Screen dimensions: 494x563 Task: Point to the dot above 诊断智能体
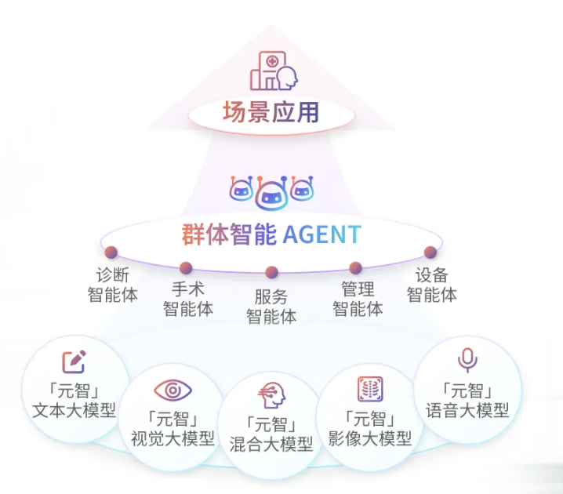[111, 252]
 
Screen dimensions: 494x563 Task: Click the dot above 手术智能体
[186, 267]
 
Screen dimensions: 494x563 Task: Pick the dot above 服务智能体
[271, 272]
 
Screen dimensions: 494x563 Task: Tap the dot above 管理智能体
[355, 267]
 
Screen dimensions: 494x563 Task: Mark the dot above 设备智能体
[430, 252]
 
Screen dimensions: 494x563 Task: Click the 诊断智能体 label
[112, 285]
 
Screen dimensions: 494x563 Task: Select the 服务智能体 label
[271, 307]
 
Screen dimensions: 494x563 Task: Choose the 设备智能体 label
[431, 285]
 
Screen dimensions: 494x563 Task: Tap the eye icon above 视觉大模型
[173, 390]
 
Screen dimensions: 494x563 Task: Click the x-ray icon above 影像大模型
[369, 390]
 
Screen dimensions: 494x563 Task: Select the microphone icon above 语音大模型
[467, 360]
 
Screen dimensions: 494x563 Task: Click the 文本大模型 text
[74, 409]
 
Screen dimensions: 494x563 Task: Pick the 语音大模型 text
[467, 409]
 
